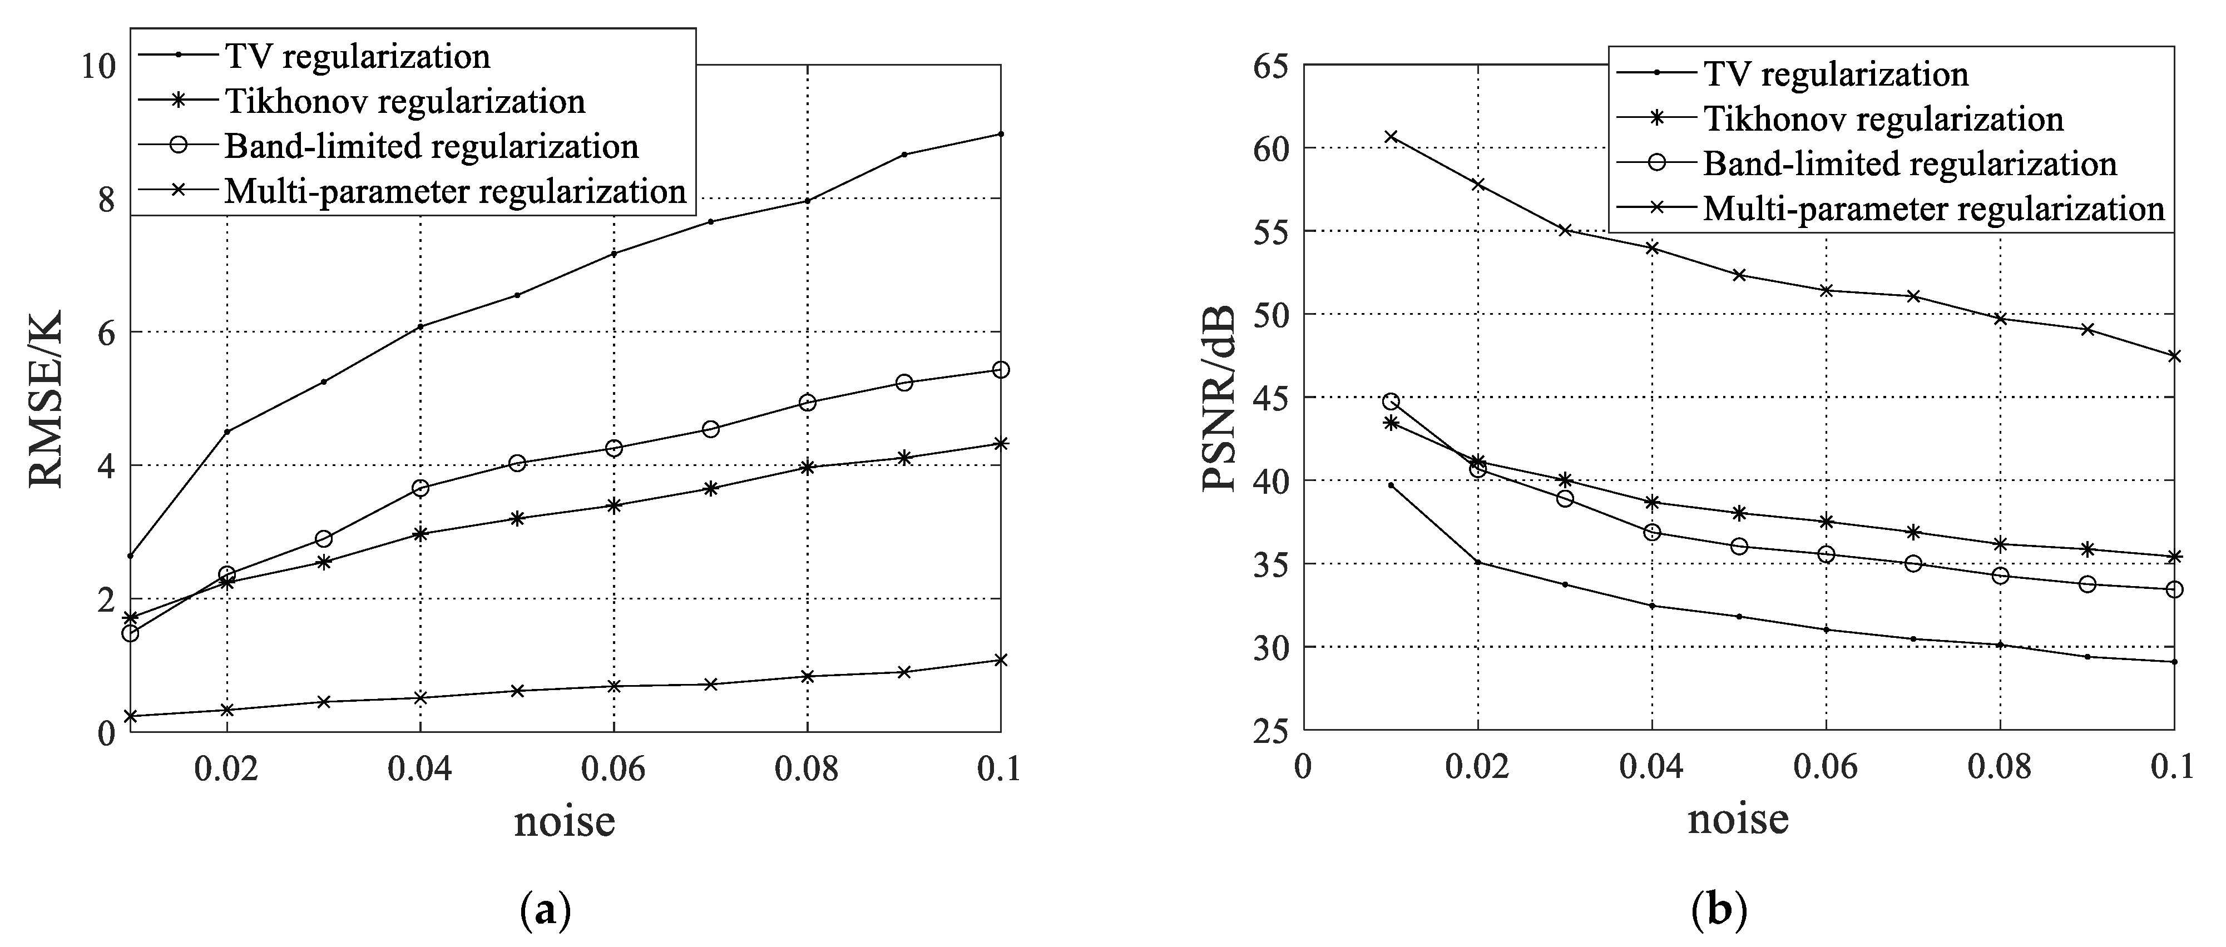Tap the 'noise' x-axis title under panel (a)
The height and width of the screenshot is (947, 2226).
coord(564,820)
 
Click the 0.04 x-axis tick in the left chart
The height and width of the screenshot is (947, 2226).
coord(420,768)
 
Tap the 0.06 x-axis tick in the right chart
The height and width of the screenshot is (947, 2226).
coord(1826,768)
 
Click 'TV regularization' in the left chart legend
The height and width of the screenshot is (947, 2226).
coord(357,56)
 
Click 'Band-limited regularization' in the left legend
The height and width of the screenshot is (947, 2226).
coord(431,146)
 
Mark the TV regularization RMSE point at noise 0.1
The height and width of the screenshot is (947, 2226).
coord(1001,134)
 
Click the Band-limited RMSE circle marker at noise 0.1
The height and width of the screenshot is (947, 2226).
coord(1001,370)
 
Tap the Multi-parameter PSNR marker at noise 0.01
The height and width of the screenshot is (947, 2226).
coord(1391,137)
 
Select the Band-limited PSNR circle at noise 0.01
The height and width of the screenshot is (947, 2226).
coord(1391,401)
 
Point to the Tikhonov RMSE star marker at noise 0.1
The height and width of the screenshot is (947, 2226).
coord(1001,443)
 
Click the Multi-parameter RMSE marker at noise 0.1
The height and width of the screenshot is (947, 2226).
coord(1001,660)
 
